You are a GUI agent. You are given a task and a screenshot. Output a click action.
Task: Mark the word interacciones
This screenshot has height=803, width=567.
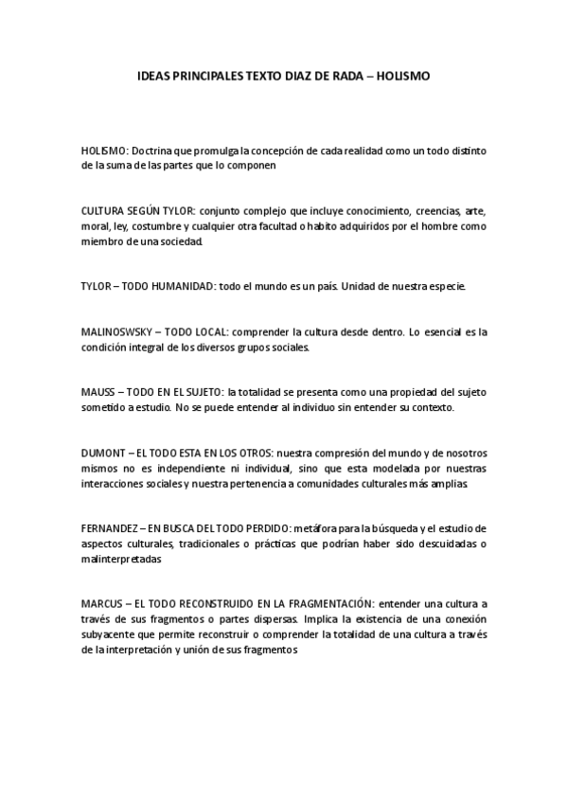click(x=115, y=483)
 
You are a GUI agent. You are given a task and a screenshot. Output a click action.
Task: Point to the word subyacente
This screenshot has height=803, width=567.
click(x=111, y=634)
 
